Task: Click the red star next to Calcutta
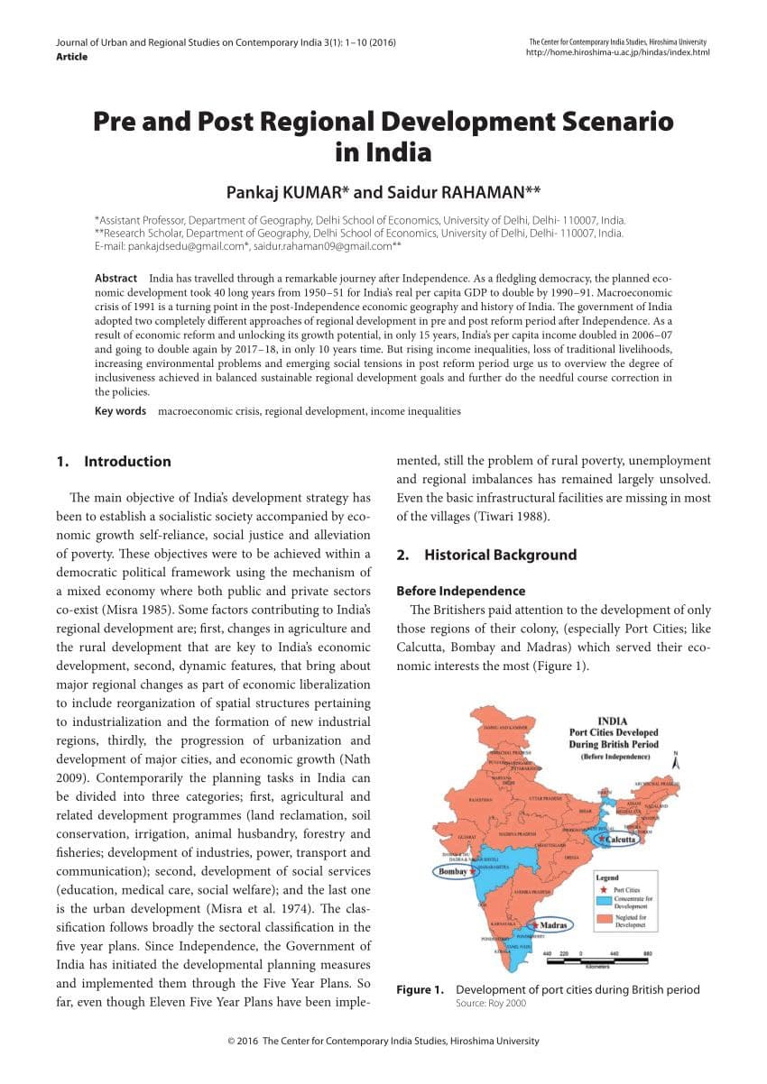click(603, 839)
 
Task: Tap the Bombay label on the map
click(453, 872)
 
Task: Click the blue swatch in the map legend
click(605, 900)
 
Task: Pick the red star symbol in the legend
click(605, 888)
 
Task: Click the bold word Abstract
click(116, 279)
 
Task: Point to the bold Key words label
click(120, 411)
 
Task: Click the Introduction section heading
click(127, 462)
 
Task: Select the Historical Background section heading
click(500, 556)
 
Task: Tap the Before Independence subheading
click(461, 592)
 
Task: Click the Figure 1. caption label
click(420, 990)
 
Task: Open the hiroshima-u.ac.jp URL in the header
click(617, 52)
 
